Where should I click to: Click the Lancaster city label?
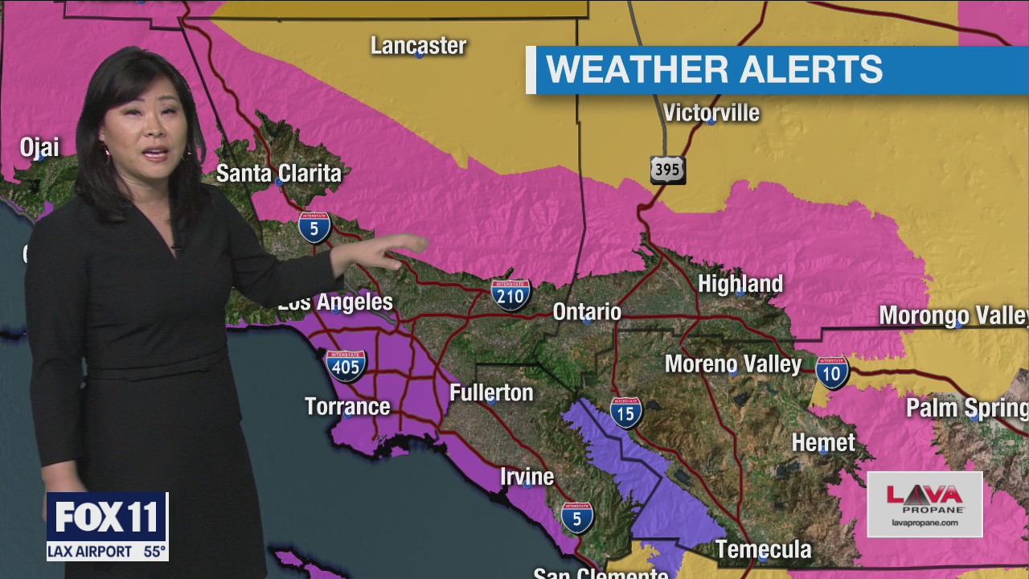pyautogui.click(x=418, y=46)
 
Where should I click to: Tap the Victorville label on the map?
pyautogui.click(x=711, y=113)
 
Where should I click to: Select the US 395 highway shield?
pyautogui.click(x=667, y=170)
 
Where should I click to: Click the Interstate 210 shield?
pyautogui.click(x=511, y=295)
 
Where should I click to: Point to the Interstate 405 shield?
pyautogui.click(x=346, y=365)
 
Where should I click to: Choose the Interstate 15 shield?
pyautogui.click(x=625, y=413)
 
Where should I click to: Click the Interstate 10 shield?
pyautogui.click(x=832, y=372)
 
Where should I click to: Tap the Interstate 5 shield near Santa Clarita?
pyautogui.click(x=314, y=228)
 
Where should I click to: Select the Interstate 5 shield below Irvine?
pyautogui.click(x=577, y=518)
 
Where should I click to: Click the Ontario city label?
pyautogui.click(x=587, y=312)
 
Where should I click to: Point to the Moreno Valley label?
pyautogui.click(x=733, y=364)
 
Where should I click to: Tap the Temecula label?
pyautogui.click(x=763, y=550)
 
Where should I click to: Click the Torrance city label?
pyautogui.click(x=347, y=407)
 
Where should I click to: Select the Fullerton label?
pyautogui.click(x=491, y=393)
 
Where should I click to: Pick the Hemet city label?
pyautogui.click(x=823, y=442)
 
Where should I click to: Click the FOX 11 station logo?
pyautogui.click(x=107, y=517)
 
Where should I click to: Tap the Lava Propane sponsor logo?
pyautogui.click(x=924, y=503)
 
